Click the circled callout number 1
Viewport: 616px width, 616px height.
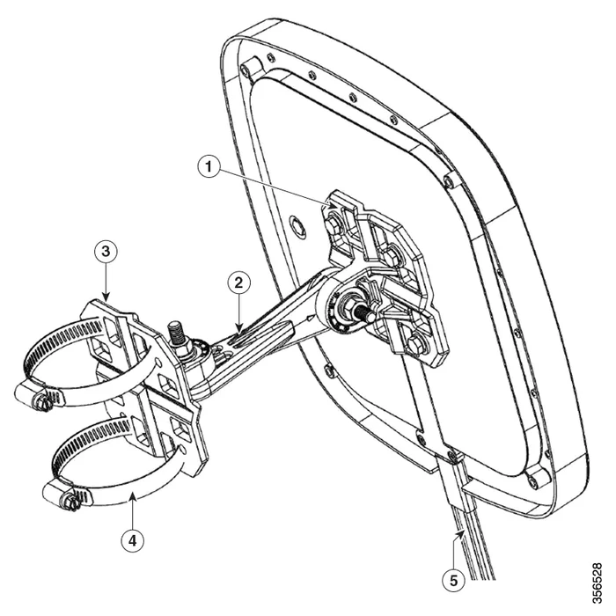coord(209,166)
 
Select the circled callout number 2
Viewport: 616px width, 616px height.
coord(239,282)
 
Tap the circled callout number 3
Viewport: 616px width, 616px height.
coord(106,251)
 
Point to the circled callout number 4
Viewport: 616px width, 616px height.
coord(133,541)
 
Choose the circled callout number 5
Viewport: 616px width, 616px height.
coord(454,580)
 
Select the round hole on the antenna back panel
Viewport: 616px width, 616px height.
coord(297,226)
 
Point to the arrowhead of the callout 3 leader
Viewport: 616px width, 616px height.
coord(106,298)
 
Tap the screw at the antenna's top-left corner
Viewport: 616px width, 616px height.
coord(246,69)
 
